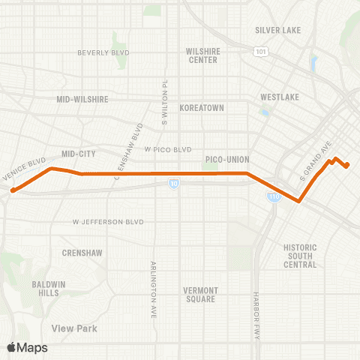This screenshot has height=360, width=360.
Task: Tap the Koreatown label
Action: pyautogui.click(x=202, y=108)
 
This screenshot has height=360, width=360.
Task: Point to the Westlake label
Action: pyautogui.click(x=280, y=97)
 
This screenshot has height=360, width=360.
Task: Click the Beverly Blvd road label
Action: pyautogui.click(x=103, y=52)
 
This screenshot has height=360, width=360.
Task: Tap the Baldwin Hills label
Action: pyautogui.click(x=52, y=288)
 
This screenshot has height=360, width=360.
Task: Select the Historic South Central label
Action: pyautogui.click(x=300, y=256)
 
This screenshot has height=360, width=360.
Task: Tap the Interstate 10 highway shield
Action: pyautogui.click(x=174, y=183)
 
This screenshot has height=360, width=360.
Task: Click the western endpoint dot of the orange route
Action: pyautogui.click(x=13, y=190)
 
